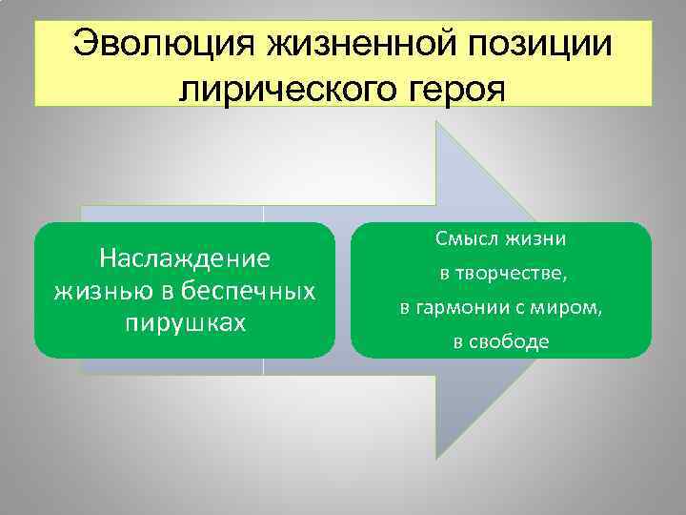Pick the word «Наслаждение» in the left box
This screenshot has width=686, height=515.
point(185,258)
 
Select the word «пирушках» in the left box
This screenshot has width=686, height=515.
point(185,321)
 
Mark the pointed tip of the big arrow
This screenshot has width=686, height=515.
point(588,290)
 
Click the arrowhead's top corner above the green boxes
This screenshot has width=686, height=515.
point(437,121)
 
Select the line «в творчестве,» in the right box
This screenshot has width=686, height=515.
point(502,275)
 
